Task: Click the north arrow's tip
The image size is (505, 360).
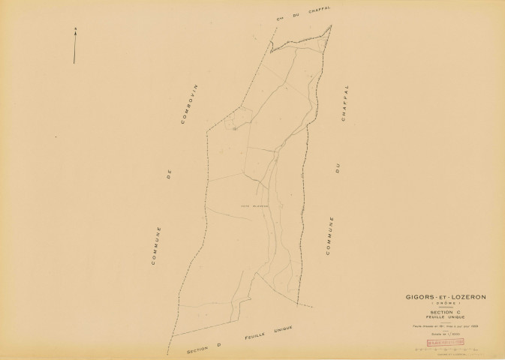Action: [x=74, y=28]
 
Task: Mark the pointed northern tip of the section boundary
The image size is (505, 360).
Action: [x=331, y=25]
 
